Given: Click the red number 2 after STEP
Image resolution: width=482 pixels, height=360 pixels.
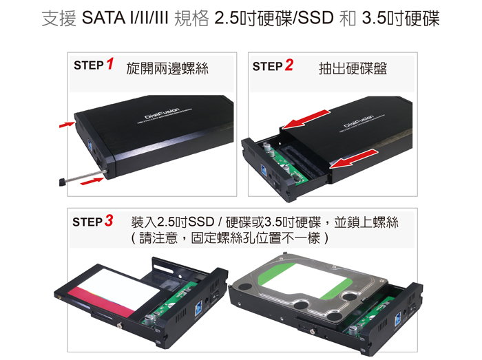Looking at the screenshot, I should [289, 65].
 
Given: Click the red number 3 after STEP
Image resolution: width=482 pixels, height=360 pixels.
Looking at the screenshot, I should [109, 222].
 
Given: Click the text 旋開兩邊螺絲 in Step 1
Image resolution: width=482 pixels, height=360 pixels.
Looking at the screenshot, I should [167, 69].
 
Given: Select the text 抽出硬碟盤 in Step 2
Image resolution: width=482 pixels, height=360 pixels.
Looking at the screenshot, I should [353, 69].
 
